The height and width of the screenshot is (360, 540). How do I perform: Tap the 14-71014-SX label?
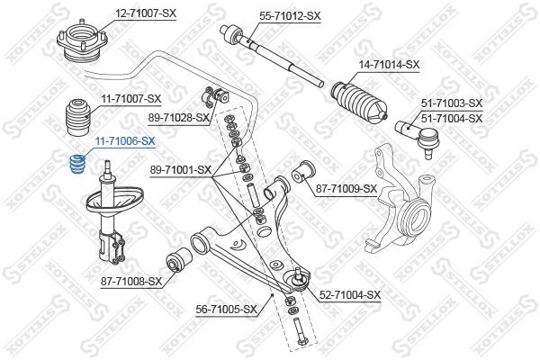click(x=389, y=64)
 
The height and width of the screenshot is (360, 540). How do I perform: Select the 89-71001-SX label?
click(x=179, y=168)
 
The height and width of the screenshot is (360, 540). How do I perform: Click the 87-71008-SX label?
click(x=130, y=281)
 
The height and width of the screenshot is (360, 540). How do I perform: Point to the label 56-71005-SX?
click(x=226, y=309)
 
